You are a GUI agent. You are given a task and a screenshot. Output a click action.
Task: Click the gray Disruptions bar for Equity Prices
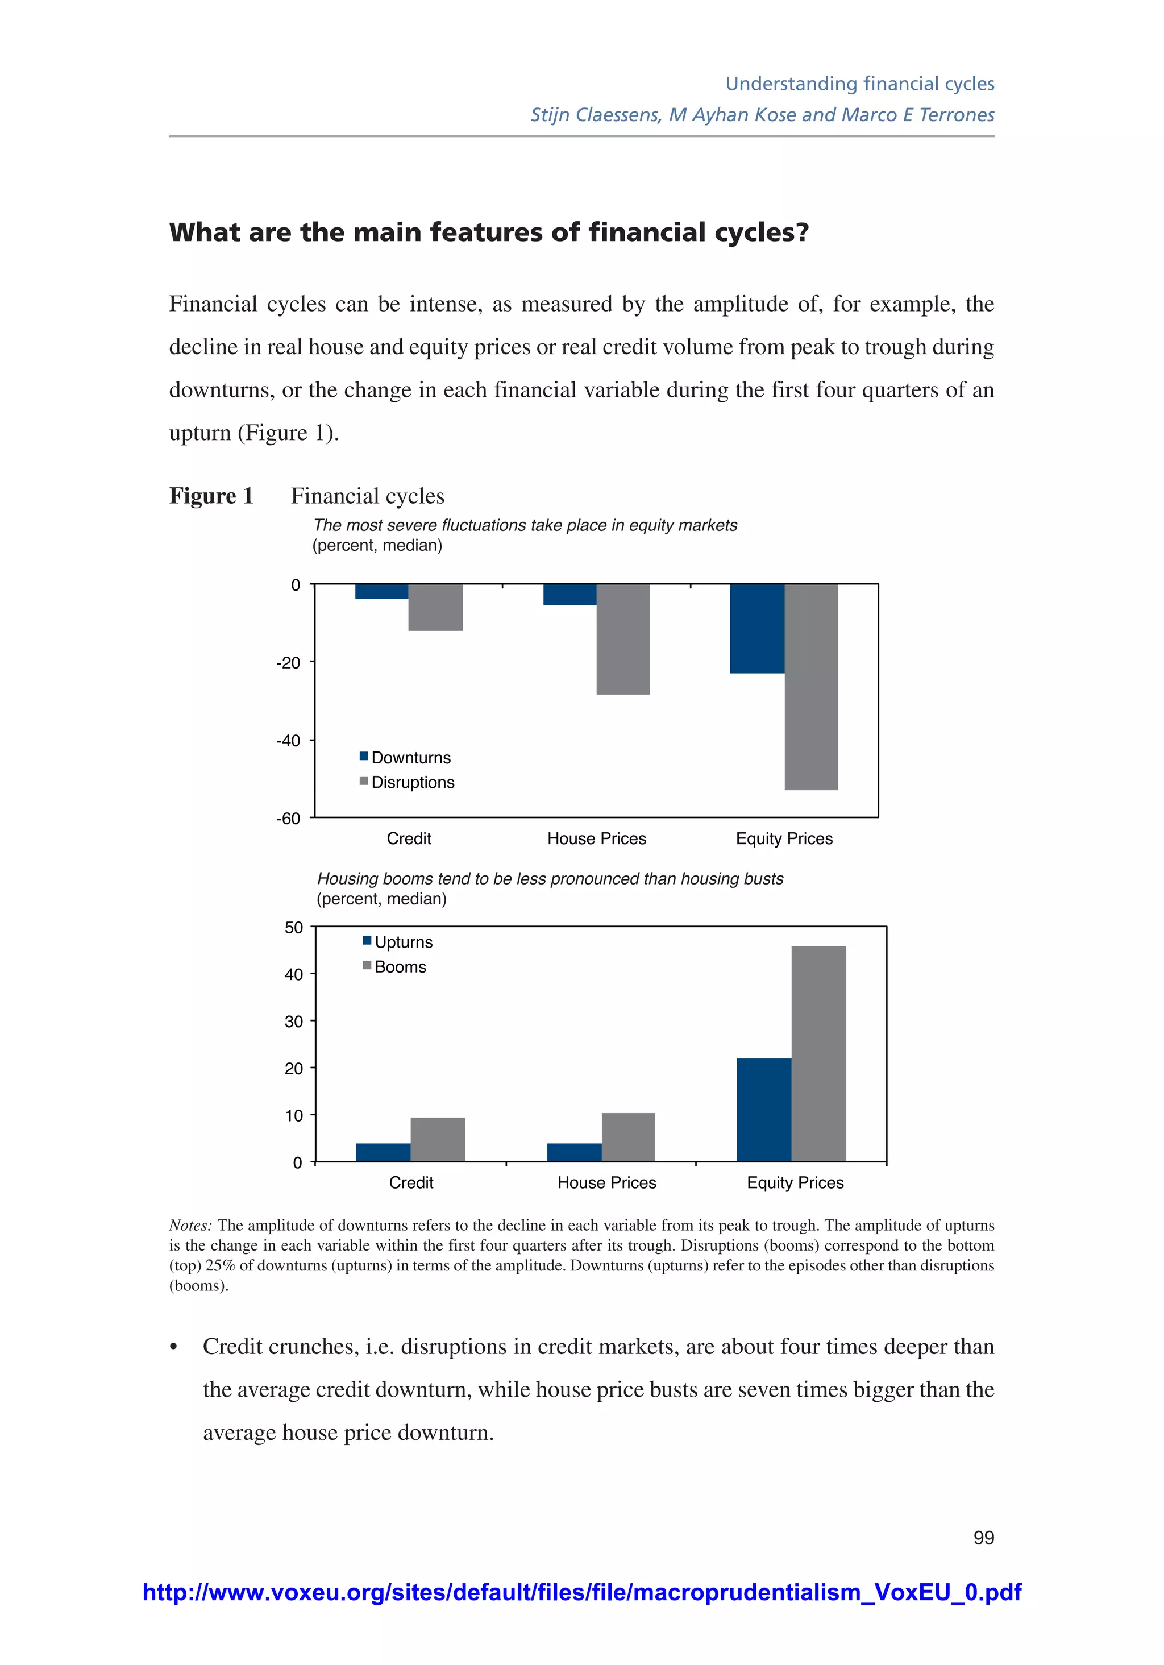click(x=811, y=686)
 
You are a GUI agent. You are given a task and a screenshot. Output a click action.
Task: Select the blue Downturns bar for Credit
click(x=381, y=591)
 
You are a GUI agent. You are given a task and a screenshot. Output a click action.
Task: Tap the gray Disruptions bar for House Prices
click(x=623, y=639)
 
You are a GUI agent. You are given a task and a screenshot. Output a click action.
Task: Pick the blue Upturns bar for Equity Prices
click(x=764, y=1110)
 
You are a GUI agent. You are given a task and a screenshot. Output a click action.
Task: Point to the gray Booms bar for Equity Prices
click(x=818, y=1053)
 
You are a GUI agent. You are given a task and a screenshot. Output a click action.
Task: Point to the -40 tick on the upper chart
click(x=288, y=740)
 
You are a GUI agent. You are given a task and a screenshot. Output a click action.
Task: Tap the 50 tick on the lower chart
click(x=294, y=928)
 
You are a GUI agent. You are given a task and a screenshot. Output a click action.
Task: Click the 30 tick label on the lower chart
click(x=294, y=1022)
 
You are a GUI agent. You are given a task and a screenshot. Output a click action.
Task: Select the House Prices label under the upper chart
click(x=596, y=838)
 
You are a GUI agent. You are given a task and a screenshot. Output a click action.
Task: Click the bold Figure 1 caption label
click(x=211, y=496)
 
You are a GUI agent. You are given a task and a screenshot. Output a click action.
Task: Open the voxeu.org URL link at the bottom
click(x=581, y=1592)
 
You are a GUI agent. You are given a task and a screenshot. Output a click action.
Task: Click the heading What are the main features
click(x=488, y=232)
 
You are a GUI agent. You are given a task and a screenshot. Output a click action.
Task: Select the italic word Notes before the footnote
click(x=190, y=1225)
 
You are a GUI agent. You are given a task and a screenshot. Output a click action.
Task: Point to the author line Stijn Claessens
click(x=762, y=115)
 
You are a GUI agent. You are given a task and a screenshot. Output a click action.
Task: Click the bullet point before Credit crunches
click(x=173, y=1347)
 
